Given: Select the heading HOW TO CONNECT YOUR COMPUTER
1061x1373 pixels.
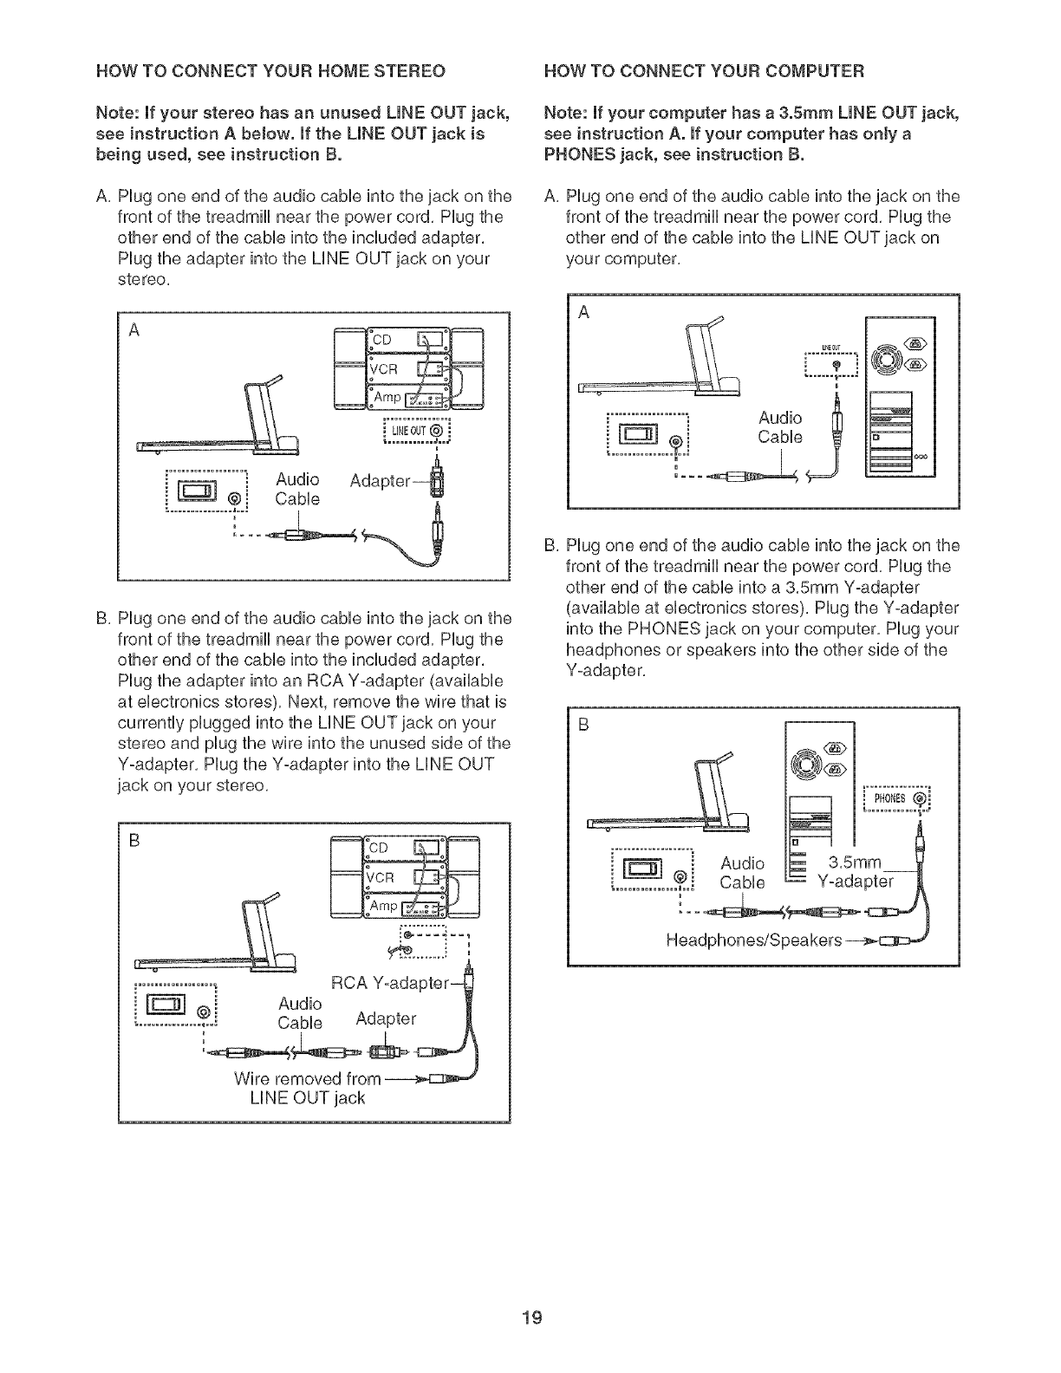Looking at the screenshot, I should point(704,69).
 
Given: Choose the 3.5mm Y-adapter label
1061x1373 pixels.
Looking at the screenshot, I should point(855,872).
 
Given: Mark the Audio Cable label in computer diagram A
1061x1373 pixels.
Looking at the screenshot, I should point(780,427).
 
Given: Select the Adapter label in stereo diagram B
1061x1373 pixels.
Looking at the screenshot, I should point(386,1019).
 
